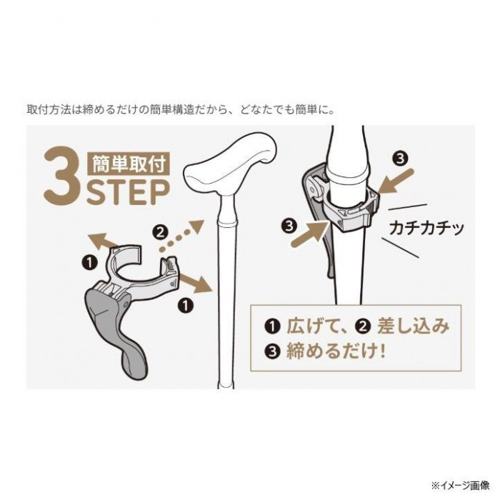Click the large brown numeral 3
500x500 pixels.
tap(61, 175)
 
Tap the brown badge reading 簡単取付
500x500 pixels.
tap(129, 164)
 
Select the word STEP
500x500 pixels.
tap(128, 192)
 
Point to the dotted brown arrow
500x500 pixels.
tap(181, 234)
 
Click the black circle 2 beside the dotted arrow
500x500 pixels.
tap(160, 232)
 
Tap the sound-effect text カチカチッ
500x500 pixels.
tap(426, 228)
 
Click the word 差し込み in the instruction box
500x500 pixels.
tap(414, 326)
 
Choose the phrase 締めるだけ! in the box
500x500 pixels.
tap(336, 351)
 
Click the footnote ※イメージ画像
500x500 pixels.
tap(460, 486)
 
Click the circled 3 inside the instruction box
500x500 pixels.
tap(272, 351)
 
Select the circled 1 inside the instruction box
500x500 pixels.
tap(272, 326)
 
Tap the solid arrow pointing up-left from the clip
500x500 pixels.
tap(102, 241)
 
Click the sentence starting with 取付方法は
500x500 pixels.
tap(181, 110)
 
